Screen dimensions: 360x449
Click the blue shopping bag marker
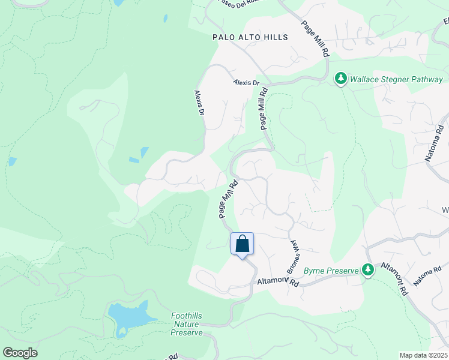click(242, 244)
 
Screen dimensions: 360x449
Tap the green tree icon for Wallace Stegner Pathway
click(341, 79)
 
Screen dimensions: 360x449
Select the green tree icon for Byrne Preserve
click(368, 270)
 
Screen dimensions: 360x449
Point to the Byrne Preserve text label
click(331, 271)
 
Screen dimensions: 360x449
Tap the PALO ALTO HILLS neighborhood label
click(250, 37)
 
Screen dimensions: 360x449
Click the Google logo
click(20, 353)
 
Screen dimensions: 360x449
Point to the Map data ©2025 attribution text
click(423, 355)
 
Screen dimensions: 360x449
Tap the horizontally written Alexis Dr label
click(247, 83)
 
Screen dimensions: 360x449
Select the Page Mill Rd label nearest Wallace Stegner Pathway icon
click(315, 38)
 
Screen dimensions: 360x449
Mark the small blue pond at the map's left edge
click(13, 161)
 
